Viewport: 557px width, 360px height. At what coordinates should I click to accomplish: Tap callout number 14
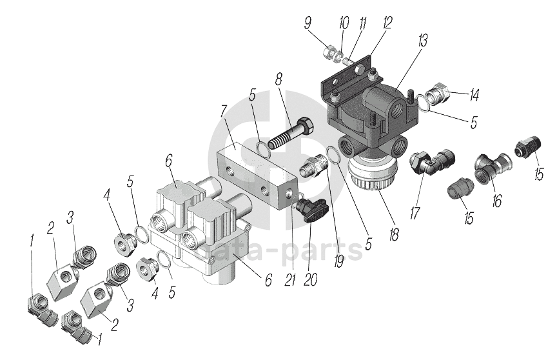point(474,96)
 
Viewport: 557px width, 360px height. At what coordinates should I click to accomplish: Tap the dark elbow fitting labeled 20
point(313,210)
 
